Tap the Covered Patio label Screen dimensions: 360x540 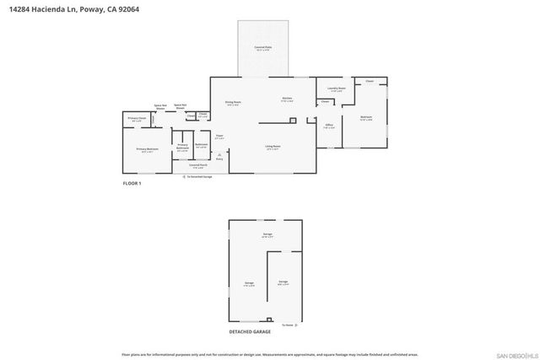tap(262, 48)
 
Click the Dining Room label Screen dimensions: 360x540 tap(233, 103)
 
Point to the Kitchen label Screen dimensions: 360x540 tap(287, 99)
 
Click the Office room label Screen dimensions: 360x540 tap(329, 126)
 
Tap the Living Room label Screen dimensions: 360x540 tap(272, 147)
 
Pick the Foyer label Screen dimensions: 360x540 tap(219, 135)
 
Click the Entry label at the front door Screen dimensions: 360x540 tap(219, 158)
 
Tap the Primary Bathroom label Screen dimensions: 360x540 tap(181, 147)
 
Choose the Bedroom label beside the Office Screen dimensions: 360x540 tap(366, 117)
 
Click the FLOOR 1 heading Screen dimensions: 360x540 tap(132, 183)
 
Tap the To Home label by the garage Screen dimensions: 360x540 tap(289, 324)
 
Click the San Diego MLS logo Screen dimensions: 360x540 tap(515, 352)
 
